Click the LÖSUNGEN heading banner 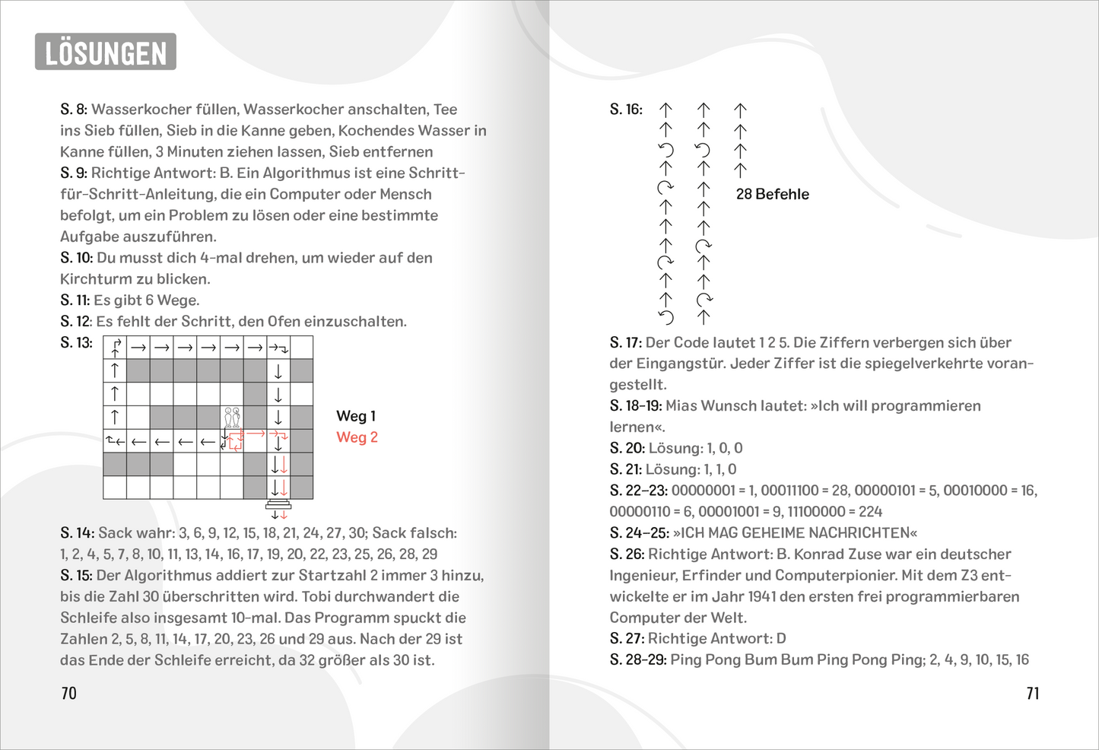(106, 52)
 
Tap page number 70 (68, 693)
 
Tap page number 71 (1032, 693)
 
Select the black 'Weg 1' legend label (356, 416)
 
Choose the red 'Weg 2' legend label (357, 437)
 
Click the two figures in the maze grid (232, 417)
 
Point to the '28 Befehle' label (772, 194)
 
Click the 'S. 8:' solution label (74, 110)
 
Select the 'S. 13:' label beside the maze (76, 343)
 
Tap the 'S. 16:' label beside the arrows (626, 110)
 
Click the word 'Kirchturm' (96, 279)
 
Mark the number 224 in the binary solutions (870, 512)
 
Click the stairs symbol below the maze (278, 505)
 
